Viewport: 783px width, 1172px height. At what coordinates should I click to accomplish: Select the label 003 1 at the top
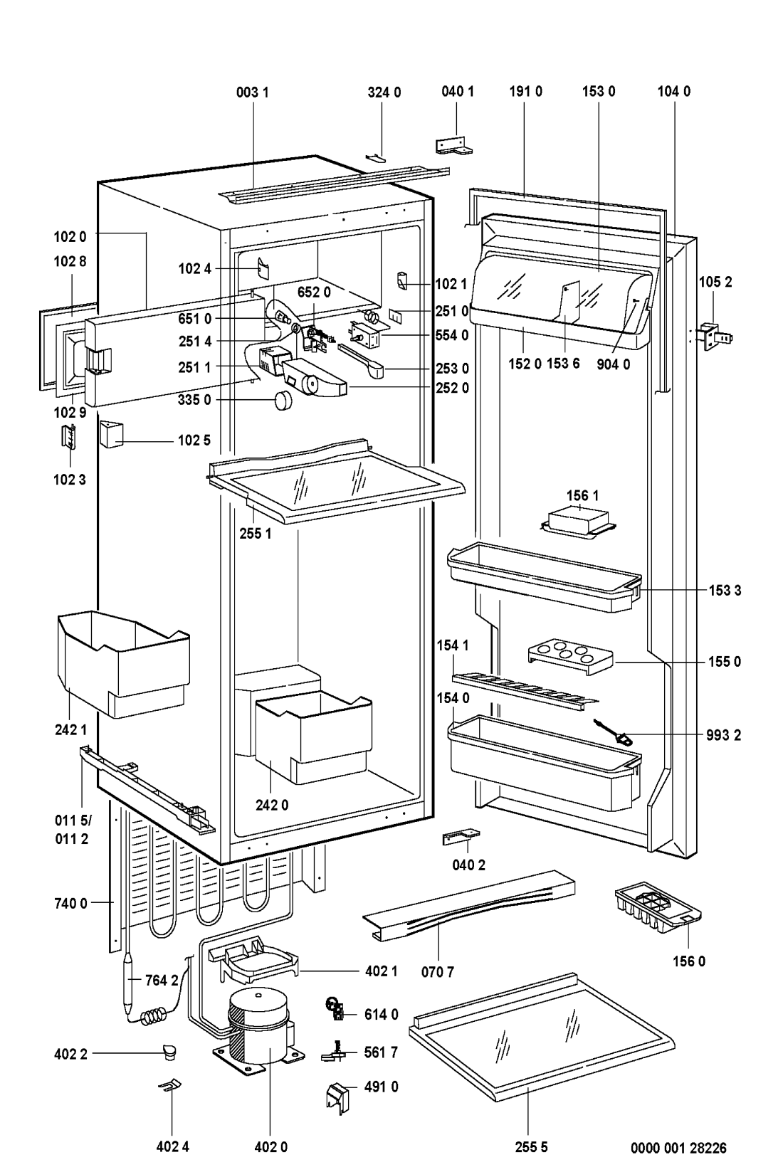click(x=253, y=92)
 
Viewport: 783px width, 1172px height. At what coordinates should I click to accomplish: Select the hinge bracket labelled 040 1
click(x=453, y=145)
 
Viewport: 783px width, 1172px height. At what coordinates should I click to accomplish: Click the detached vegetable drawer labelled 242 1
click(x=121, y=662)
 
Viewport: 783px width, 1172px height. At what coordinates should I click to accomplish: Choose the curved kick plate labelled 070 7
click(x=470, y=907)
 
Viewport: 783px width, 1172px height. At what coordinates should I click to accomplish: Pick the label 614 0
click(x=382, y=1015)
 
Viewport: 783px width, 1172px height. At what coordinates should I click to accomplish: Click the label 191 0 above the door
click(x=525, y=92)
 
